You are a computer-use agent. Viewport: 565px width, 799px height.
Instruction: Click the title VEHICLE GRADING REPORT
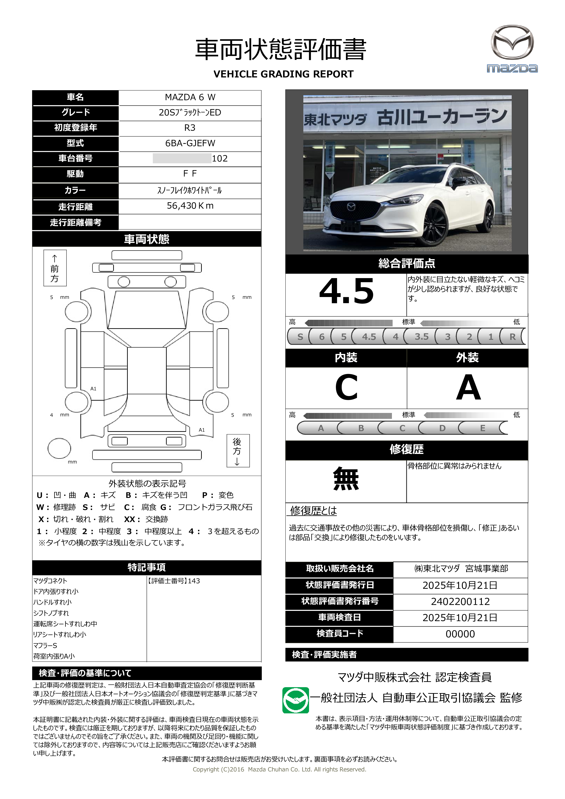(283, 74)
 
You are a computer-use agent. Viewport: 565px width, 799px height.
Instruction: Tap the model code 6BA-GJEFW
(190, 143)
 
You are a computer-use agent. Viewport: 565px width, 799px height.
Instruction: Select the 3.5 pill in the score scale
(421, 336)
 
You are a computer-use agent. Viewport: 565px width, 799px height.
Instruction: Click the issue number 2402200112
(460, 601)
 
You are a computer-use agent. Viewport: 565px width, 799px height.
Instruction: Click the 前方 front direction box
(55, 268)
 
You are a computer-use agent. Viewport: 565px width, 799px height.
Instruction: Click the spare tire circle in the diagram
(59, 448)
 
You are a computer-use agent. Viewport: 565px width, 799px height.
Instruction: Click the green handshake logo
(295, 700)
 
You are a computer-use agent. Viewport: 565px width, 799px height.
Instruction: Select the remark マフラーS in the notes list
(45, 645)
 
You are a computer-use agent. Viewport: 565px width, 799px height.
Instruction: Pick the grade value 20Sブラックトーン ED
(190, 113)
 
